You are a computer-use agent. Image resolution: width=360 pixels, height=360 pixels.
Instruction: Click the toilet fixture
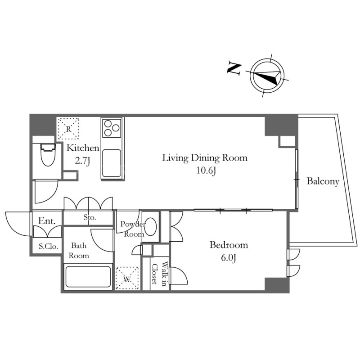click(48, 154)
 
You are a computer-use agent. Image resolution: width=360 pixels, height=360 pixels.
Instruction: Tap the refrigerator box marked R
click(68, 129)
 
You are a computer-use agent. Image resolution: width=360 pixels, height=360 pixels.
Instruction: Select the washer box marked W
click(127, 278)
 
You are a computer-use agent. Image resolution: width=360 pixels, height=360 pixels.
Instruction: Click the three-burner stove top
click(112, 128)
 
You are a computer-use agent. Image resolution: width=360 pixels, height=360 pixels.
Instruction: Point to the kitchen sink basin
click(112, 163)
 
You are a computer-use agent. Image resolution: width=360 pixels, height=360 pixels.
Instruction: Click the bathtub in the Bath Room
click(88, 277)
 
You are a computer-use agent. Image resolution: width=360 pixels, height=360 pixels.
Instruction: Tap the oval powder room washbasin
click(150, 226)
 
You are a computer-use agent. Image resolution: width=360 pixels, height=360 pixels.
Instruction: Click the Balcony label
click(323, 181)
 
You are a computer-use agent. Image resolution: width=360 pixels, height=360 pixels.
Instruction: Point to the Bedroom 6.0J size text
click(229, 258)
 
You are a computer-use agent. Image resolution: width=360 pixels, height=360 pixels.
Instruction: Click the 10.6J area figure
click(206, 171)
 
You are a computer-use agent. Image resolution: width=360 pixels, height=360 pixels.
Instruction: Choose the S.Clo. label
click(48, 247)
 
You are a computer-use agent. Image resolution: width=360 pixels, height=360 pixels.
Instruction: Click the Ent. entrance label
click(47, 221)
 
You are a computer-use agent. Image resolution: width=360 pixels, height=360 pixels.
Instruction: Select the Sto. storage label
click(89, 217)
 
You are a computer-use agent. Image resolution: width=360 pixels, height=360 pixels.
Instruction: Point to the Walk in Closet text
click(159, 274)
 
